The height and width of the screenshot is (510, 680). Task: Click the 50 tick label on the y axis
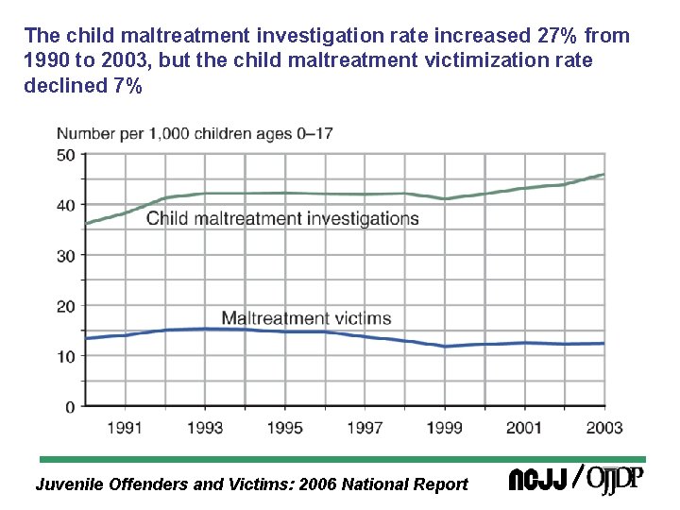(65, 155)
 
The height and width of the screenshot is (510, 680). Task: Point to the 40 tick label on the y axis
(65, 205)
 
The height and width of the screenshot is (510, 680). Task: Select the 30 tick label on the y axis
(65, 256)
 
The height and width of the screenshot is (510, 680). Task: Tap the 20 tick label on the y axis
(65, 306)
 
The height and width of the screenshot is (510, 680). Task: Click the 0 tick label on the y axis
(70, 407)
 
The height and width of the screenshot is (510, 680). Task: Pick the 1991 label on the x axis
(125, 428)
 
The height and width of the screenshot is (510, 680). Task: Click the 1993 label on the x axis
(205, 428)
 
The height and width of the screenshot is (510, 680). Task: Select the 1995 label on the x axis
(284, 428)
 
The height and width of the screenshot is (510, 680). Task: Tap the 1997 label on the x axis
(365, 428)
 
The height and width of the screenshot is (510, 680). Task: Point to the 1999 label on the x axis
(444, 428)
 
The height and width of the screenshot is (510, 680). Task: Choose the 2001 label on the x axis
(523, 428)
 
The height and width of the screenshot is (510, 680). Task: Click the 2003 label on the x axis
(603, 428)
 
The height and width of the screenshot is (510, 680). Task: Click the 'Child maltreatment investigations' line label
(282, 219)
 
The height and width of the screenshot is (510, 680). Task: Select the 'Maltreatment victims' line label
(305, 318)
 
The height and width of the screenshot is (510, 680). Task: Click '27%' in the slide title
(549, 37)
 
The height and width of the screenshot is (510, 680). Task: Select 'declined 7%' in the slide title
(83, 86)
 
